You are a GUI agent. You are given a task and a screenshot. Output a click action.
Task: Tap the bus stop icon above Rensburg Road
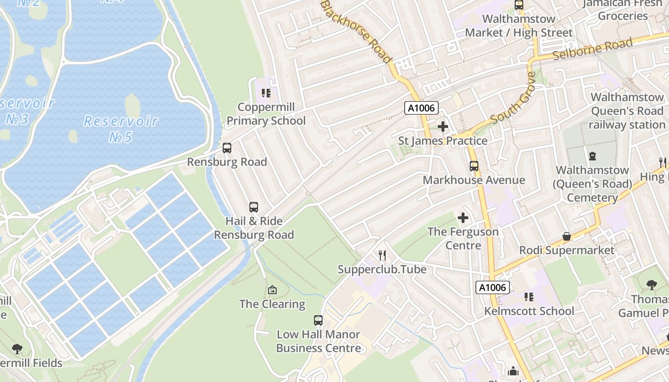click(x=227, y=148)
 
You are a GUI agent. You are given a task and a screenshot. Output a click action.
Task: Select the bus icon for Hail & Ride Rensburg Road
click(x=254, y=207)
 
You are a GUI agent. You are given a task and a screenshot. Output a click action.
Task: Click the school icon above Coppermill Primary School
click(x=266, y=93)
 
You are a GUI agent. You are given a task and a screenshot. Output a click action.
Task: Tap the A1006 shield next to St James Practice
click(x=421, y=108)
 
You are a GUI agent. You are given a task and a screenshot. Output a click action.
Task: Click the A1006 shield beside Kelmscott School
click(x=493, y=287)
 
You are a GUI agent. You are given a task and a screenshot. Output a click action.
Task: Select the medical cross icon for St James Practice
click(x=443, y=127)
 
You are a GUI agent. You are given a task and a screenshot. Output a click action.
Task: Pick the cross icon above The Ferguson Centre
click(x=463, y=218)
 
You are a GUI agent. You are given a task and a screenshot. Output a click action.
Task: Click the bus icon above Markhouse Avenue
click(x=474, y=166)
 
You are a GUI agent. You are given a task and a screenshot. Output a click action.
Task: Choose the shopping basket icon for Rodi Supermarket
click(x=566, y=236)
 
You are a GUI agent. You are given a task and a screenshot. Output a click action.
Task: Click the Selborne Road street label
click(x=593, y=49)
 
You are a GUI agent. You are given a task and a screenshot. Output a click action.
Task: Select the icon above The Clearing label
click(x=272, y=290)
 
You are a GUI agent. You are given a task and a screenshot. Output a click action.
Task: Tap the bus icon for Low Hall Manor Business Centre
click(x=318, y=320)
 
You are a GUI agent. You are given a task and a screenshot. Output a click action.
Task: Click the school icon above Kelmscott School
click(x=529, y=297)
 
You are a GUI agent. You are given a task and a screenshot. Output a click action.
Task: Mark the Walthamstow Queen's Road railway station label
click(x=626, y=111)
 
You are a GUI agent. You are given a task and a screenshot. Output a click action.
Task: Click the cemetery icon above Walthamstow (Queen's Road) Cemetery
click(x=593, y=156)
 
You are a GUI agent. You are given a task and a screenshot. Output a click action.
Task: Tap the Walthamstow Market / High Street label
click(x=518, y=26)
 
